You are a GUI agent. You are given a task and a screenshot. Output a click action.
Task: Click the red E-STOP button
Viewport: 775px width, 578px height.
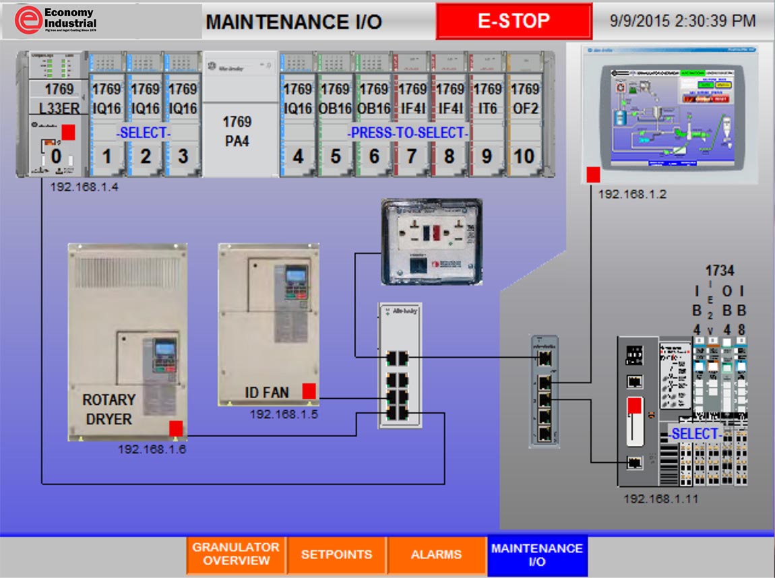(514, 21)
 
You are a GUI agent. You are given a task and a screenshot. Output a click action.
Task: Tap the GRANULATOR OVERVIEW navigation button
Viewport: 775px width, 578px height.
(236, 554)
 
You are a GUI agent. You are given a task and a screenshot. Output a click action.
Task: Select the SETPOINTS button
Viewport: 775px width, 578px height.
(336, 554)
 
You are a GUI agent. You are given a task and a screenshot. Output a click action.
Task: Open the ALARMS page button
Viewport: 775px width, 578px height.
(436, 554)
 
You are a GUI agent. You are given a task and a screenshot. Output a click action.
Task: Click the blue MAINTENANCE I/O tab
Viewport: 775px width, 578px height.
(536, 554)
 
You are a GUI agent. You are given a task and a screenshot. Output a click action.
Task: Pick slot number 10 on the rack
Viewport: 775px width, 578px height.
(524, 157)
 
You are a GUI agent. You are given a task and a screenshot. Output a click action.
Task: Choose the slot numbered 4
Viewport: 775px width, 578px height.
(297, 157)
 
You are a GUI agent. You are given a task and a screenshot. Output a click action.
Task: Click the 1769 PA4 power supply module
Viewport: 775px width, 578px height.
(237, 131)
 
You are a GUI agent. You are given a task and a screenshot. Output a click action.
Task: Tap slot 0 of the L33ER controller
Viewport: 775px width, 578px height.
(55, 157)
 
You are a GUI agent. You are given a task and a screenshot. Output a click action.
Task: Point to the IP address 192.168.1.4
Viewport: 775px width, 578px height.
(84, 187)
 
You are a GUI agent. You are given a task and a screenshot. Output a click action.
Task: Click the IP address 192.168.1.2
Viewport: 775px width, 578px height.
(632, 194)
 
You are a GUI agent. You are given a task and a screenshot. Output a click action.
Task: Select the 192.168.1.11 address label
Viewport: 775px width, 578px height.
(660, 499)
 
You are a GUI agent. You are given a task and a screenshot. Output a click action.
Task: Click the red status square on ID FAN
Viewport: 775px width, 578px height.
(309, 391)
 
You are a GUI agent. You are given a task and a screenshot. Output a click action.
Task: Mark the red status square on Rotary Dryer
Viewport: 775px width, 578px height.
(176, 428)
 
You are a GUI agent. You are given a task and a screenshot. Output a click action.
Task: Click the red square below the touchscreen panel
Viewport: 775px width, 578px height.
(593, 175)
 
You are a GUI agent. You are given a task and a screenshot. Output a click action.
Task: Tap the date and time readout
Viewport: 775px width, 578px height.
(683, 21)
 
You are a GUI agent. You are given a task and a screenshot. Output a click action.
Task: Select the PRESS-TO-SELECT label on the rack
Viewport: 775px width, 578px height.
(407, 133)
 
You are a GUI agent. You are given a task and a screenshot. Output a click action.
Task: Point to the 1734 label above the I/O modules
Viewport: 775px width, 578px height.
(719, 271)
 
